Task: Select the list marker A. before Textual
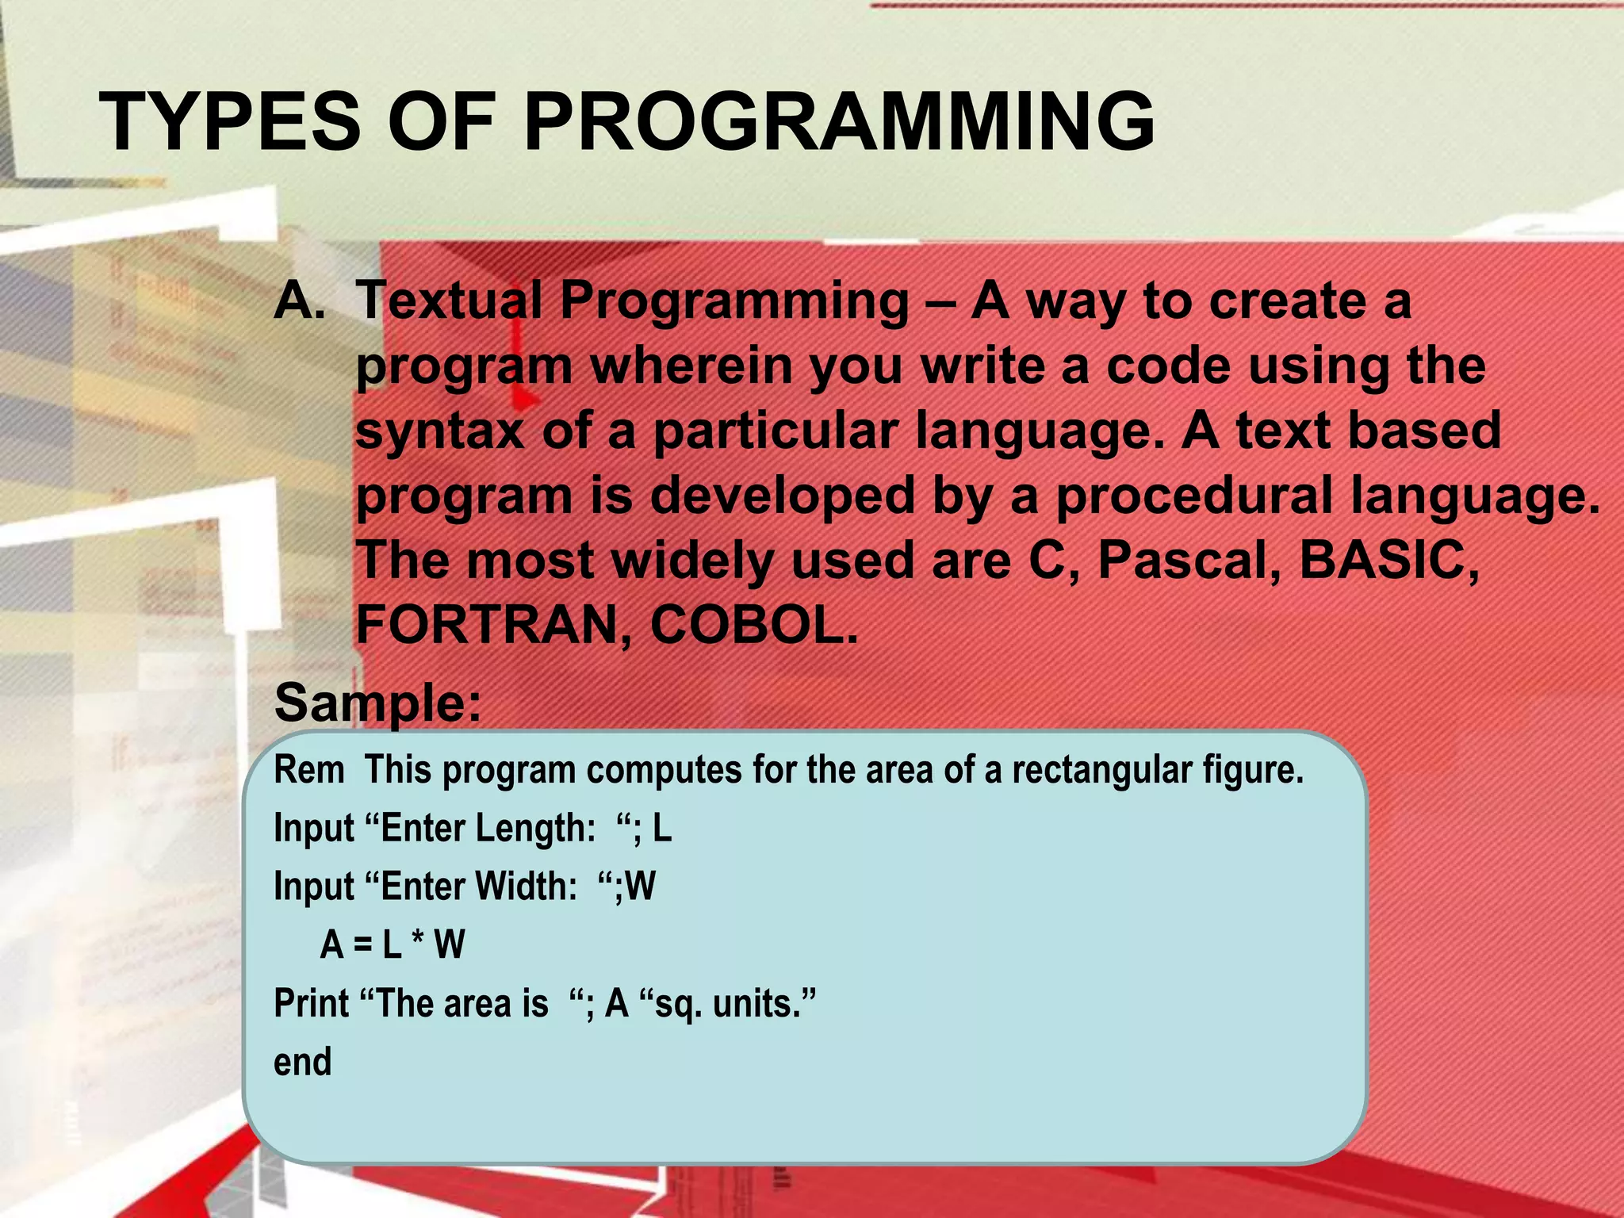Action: (299, 301)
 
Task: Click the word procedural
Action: (1194, 496)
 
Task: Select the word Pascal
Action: (1189, 561)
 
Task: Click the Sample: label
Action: (377, 703)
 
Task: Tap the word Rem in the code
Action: (308, 770)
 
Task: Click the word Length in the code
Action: (534, 829)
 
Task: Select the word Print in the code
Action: (311, 1004)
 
